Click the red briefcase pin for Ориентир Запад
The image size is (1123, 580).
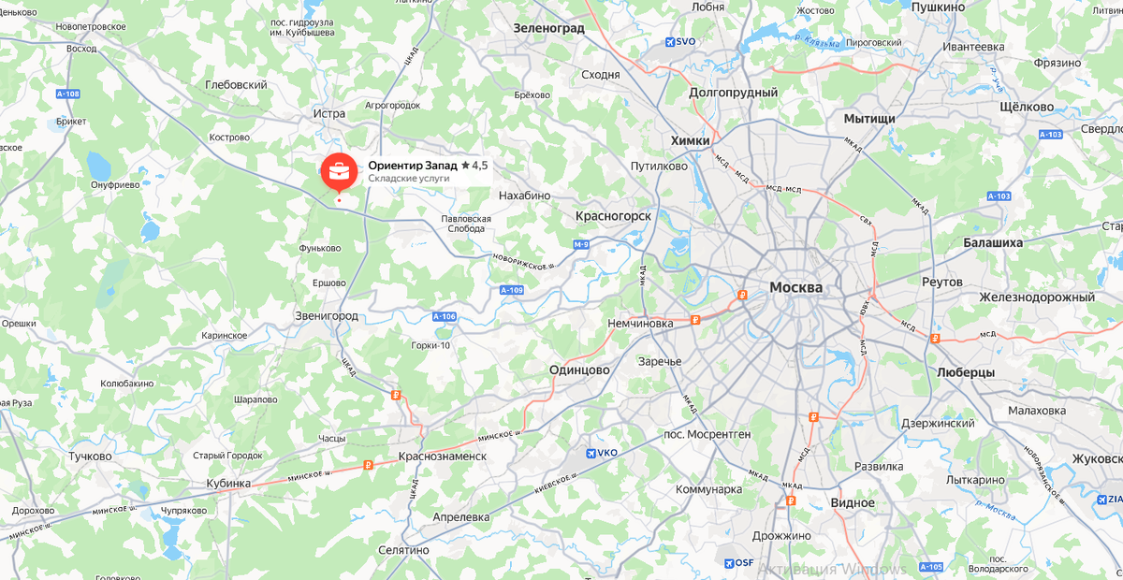[x=338, y=171]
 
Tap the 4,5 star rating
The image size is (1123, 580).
[x=474, y=166]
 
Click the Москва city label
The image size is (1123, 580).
[x=795, y=287]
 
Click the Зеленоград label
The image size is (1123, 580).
[x=548, y=28]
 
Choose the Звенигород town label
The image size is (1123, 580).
[x=326, y=315]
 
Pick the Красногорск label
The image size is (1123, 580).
[x=613, y=215]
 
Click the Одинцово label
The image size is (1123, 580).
[x=579, y=370]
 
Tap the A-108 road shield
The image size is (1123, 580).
[x=67, y=94]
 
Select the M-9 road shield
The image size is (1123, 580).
[x=582, y=245]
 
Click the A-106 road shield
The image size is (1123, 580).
[x=445, y=317]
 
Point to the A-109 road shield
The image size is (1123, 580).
[x=511, y=291]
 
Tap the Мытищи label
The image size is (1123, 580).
[x=869, y=119]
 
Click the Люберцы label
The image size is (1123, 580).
[x=965, y=371]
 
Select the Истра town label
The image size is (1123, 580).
[x=329, y=113]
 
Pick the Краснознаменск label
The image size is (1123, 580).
[x=442, y=456]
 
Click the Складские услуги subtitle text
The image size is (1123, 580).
[x=409, y=178]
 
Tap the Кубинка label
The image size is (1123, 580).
[x=228, y=483]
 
